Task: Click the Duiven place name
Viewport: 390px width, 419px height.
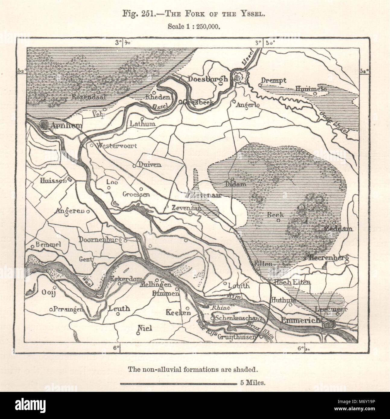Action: pyautogui.click(x=150, y=165)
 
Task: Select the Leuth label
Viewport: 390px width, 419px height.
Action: pyautogui.click(x=119, y=308)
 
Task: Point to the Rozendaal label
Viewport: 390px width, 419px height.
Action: pyautogui.click(x=85, y=97)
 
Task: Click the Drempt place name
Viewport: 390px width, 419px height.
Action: pyautogui.click(x=274, y=80)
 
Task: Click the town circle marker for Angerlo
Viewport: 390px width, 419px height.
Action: pyautogui.click(x=234, y=102)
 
